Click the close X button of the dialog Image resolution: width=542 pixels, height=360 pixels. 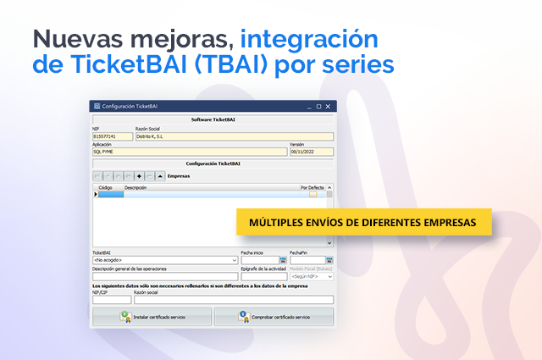tap(329, 107)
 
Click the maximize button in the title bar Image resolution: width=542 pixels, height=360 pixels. tap(318, 107)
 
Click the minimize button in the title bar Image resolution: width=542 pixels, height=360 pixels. tap(308, 107)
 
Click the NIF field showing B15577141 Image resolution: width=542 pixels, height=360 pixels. tap(113, 136)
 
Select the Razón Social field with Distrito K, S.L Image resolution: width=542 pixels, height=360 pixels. tap(233, 136)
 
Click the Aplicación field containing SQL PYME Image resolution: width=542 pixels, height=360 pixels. tap(189, 152)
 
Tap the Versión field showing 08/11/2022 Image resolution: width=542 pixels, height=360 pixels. tap(311, 152)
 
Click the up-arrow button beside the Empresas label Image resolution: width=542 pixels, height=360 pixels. tap(160, 176)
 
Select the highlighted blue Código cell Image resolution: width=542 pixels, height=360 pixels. tap(111, 194)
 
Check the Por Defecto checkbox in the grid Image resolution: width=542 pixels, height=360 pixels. tap(312, 194)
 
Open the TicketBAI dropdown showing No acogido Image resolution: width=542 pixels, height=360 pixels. tap(165, 260)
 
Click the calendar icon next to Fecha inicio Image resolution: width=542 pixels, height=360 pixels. tap(283, 260)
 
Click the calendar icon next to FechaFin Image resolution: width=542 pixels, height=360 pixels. tap(329, 260)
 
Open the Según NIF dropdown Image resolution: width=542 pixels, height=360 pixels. tap(312, 276)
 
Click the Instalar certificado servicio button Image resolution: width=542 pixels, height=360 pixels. tap(152, 317)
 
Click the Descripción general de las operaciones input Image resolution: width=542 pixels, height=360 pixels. tap(165, 276)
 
